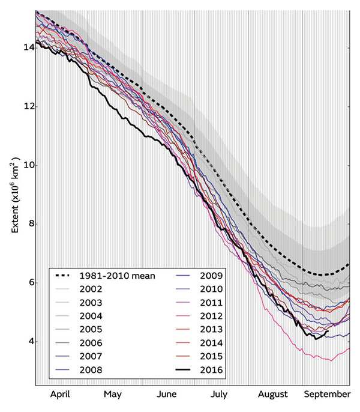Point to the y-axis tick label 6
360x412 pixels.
click(28, 283)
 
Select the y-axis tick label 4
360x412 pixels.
click(28, 342)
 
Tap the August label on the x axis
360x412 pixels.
click(274, 395)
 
